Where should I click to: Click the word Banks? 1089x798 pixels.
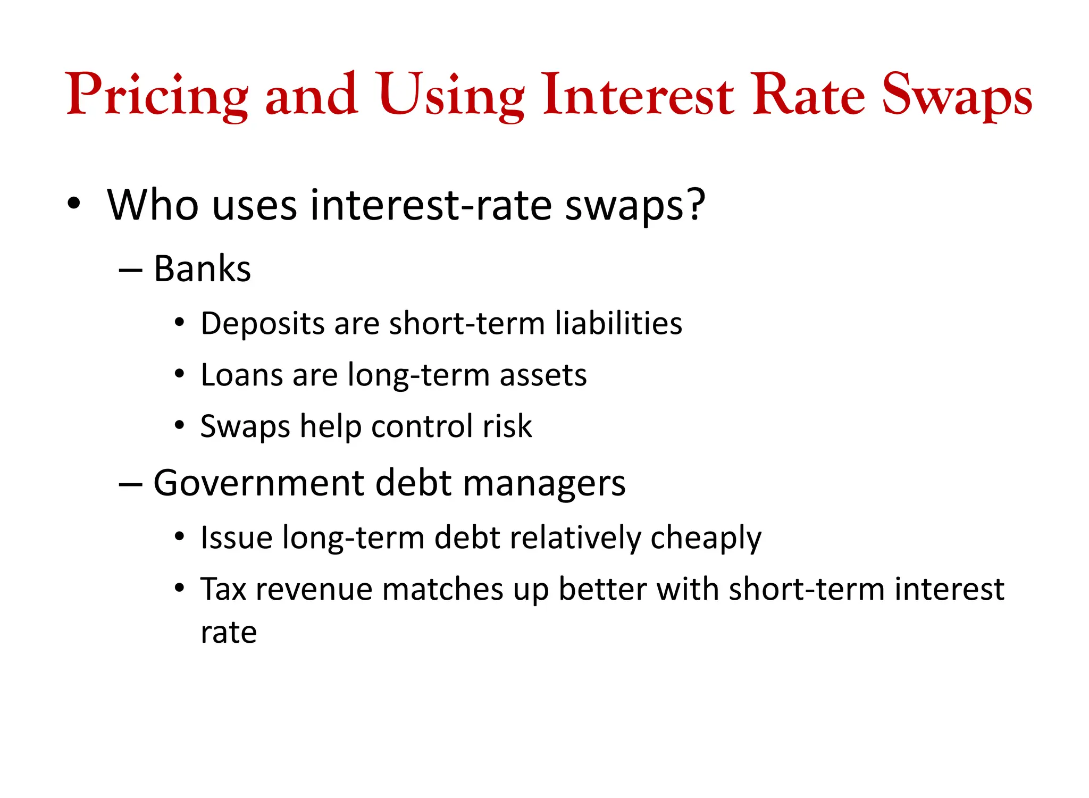pyautogui.click(x=202, y=269)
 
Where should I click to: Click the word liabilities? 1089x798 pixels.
pyautogui.click(x=618, y=323)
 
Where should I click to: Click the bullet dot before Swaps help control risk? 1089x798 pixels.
pyautogui.click(x=180, y=425)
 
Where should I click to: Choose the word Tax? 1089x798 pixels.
pyautogui.click(x=223, y=589)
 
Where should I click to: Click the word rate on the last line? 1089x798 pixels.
pyautogui.click(x=229, y=633)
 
